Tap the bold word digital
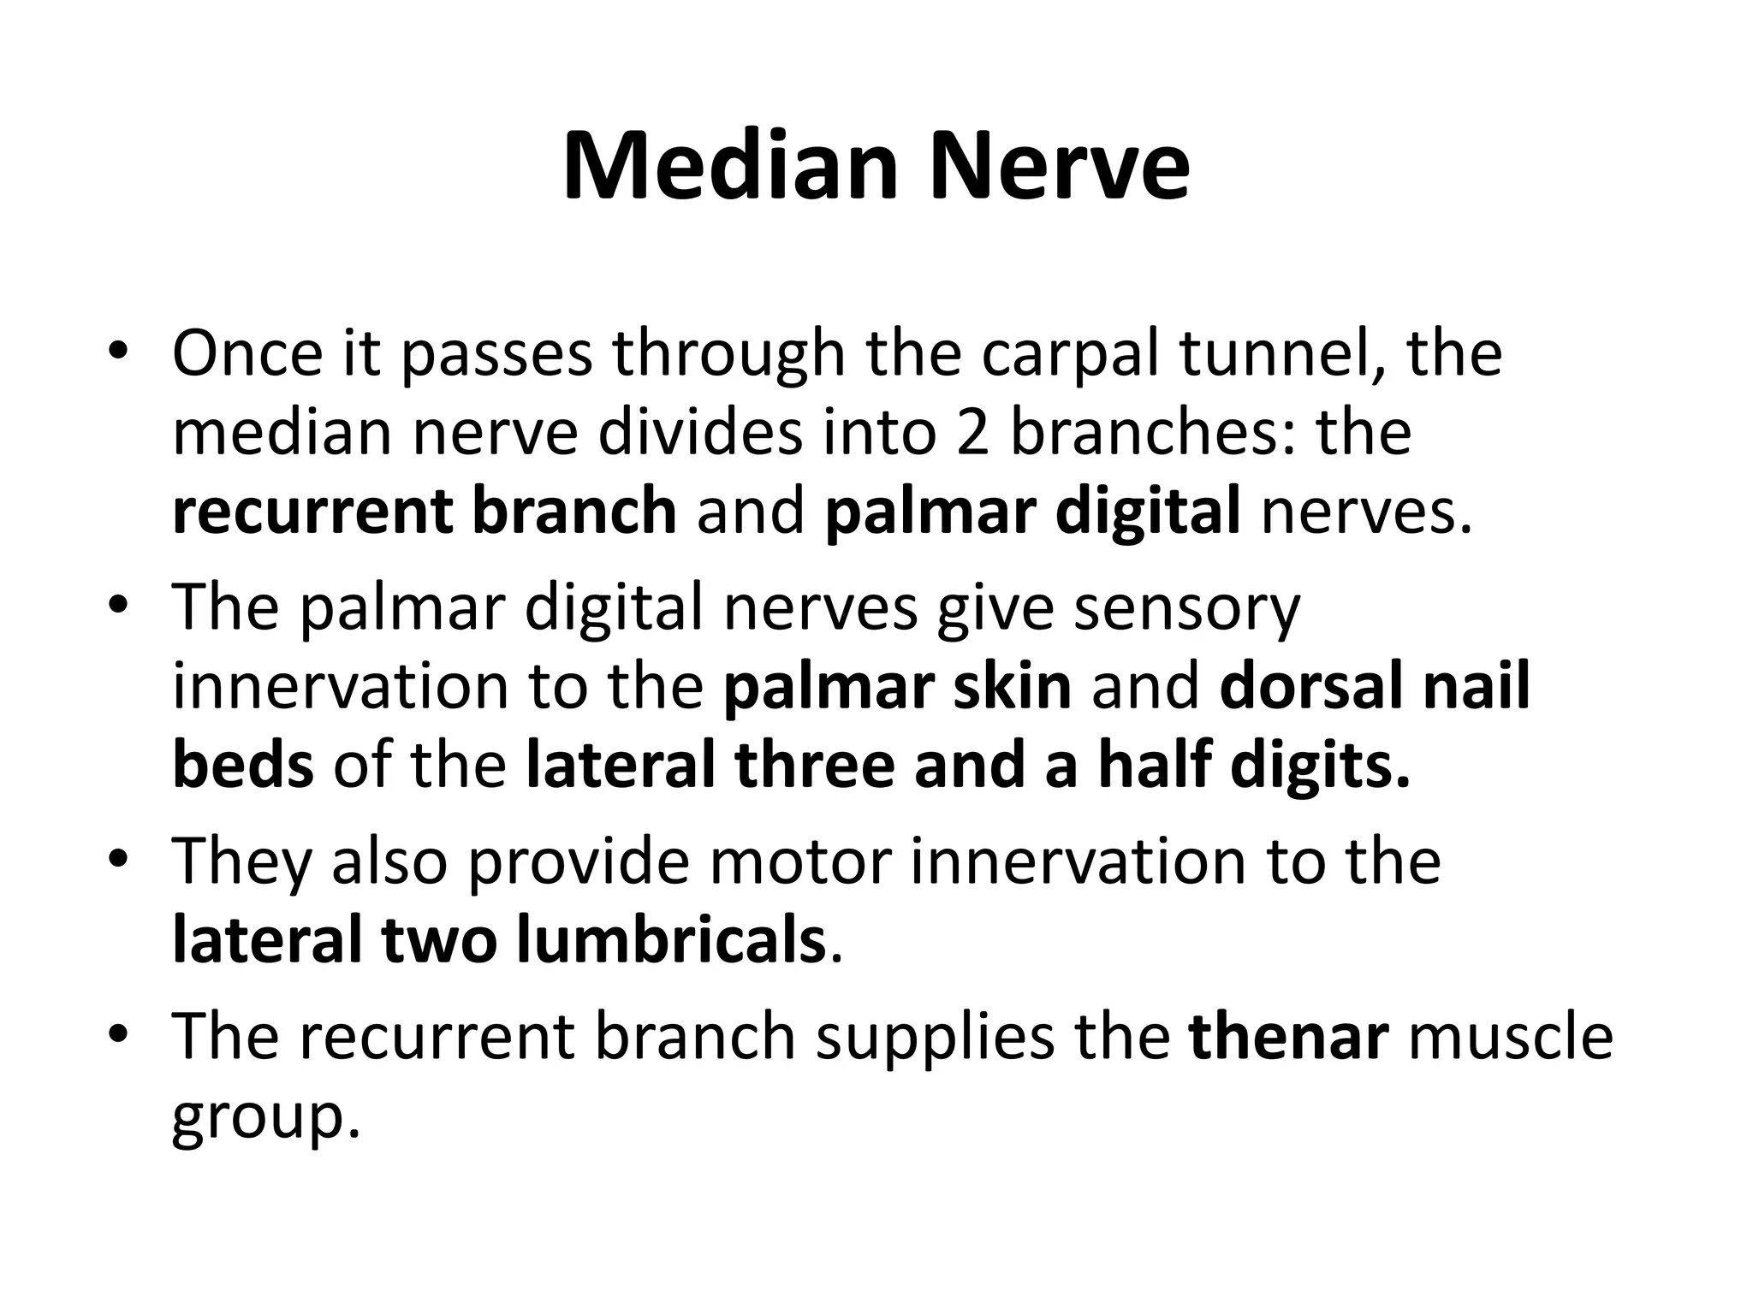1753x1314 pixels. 1147,512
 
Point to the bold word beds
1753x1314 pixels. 243,766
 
